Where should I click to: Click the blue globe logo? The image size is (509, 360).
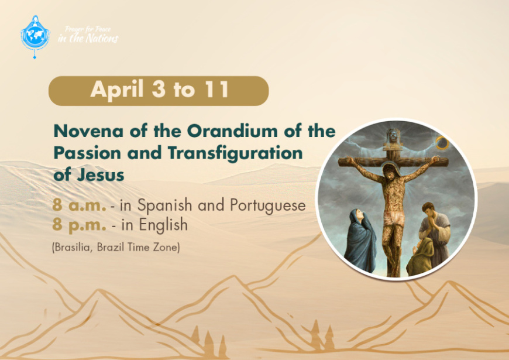click(35, 36)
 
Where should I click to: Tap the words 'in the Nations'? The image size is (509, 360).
click(88, 39)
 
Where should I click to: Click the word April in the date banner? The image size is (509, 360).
click(117, 90)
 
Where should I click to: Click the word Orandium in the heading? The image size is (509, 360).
click(232, 131)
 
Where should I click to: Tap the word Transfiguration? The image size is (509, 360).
click(235, 153)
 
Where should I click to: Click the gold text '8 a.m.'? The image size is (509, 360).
click(79, 205)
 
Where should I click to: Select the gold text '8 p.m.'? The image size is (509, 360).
click(79, 225)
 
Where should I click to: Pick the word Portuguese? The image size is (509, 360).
click(268, 205)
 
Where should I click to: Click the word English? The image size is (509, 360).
click(163, 225)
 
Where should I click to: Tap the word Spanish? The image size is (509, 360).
click(164, 205)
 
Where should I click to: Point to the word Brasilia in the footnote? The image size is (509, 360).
click(73, 247)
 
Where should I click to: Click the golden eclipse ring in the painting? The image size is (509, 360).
click(442, 143)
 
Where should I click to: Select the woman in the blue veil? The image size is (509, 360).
click(360, 241)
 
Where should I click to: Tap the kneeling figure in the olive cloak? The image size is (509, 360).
click(419, 258)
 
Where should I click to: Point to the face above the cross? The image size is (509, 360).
click(393, 135)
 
